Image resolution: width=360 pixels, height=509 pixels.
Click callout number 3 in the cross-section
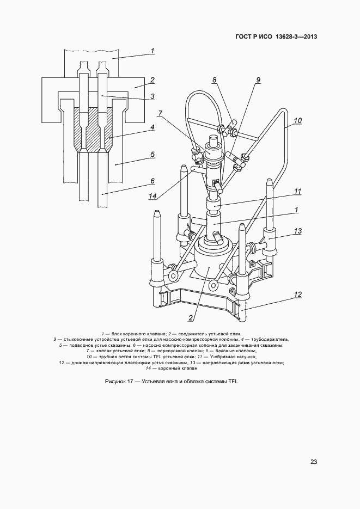pos(152,96)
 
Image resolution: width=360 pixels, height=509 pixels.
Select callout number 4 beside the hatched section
pos(152,127)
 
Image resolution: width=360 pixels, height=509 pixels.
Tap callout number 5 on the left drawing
pos(152,154)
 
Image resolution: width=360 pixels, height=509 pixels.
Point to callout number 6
pos(152,181)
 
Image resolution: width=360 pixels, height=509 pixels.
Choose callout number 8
pos(215,80)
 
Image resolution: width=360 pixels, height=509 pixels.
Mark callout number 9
pos(258,80)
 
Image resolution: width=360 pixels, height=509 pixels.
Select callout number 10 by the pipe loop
pos(298,120)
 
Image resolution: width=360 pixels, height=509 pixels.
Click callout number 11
pos(298,192)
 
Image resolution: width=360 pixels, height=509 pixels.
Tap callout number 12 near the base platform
pos(298,294)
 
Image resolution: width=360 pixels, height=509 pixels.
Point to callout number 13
pos(298,231)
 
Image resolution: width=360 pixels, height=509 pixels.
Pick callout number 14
pos(152,196)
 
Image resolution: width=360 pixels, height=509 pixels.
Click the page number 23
pos(314,462)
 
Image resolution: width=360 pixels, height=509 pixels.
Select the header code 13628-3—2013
pos(296,36)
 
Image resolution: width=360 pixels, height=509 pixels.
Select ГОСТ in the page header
pos(243,36)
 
